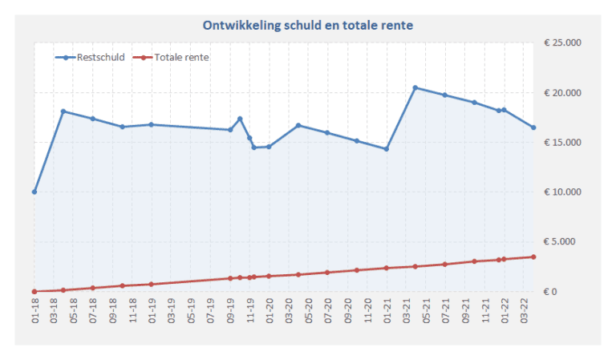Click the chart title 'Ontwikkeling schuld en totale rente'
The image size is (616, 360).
coord(308,26)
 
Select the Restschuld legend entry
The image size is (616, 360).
coord(90,57)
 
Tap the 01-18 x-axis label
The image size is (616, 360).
coord(35,310)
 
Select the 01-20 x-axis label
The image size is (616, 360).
coord(269,310)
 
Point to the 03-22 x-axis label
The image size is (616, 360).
coord(523,310)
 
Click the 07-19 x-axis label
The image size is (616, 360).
coord(211,310)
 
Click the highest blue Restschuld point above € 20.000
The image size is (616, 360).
coord(415,87)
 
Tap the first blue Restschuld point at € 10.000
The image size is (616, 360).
coord(34,192)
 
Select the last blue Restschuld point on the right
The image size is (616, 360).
coord(533,127)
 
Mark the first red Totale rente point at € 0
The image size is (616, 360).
coord(34,292)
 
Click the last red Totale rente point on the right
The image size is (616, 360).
coord(533,257)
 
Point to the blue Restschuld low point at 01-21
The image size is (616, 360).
coord(386,149)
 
